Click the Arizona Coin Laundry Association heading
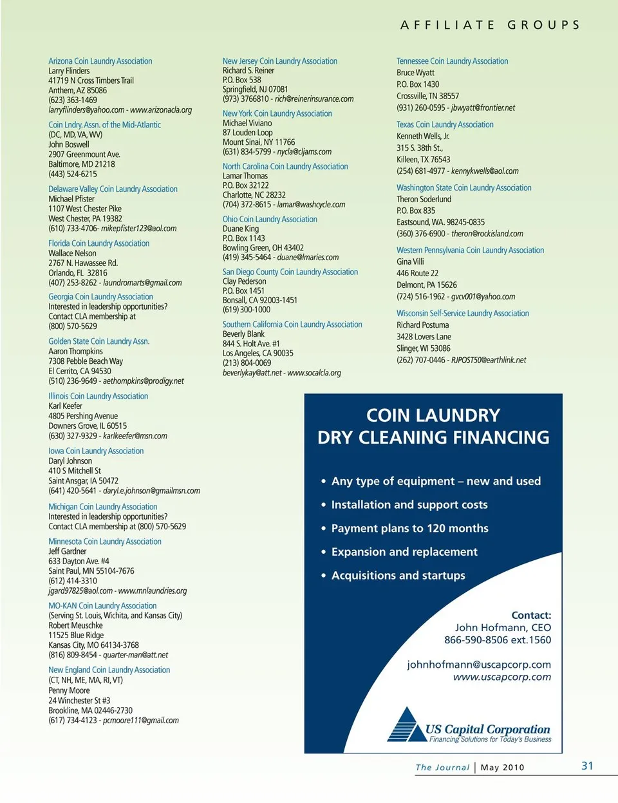click(100, 61)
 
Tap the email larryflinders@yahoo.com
click(86, 110)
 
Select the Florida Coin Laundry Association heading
click(98, 243)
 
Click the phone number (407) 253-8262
click(73, 283)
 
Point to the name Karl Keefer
click(65, 406)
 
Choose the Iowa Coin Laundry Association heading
click(96, 451)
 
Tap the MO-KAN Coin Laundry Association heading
click(102, 606)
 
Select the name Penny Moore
click(69, 690)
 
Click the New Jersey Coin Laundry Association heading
click(280, 61)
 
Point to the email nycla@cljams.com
click(304, 152)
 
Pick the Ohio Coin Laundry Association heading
click(270, 219)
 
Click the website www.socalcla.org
click(314, 373)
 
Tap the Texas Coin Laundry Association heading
click(445, 124)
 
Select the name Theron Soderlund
click(424, 200)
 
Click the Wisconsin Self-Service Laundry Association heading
click(463, 314)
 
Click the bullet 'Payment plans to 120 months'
click(409, 529)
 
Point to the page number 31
click(587, 766)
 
